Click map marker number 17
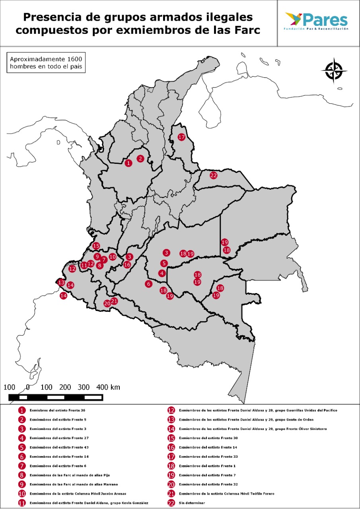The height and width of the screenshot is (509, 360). click(182, 137)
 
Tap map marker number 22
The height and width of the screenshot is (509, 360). click(214, 175)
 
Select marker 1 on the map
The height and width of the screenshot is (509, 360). click(128, 163)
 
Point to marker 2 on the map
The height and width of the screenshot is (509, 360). click(140, 159)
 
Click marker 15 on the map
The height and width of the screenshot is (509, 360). click(96, 246)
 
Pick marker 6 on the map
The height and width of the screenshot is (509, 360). click(148, 284)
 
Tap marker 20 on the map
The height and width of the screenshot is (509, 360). click(107, 303)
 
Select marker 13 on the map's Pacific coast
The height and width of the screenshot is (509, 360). click(61, 282)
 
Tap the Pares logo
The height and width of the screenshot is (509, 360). click(317, 21)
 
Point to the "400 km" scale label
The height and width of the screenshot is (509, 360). click(108, 387)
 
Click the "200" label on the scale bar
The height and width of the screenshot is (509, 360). click(65, 387)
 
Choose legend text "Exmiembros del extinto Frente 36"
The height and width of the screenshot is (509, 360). click(57, 410)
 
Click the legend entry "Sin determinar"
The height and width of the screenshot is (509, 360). click(192, 503)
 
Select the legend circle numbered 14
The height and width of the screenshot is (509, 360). click(171, 429)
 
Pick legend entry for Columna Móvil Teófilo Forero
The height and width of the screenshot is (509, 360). click(226, 493)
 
